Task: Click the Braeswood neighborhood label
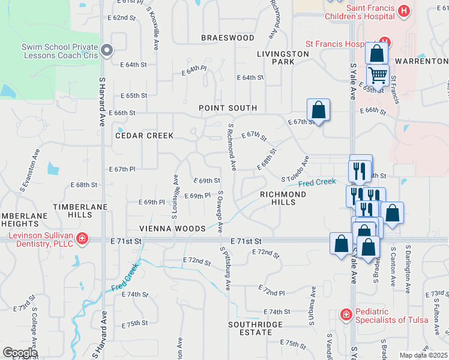pyautogui.click(x=228, y=38)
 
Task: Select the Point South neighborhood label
pyautogui.click(x=228, y=108)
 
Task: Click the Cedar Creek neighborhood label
pyautogui.click(x=144, y=136)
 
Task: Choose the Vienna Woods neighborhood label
pyautogui.click(x=164, y=229)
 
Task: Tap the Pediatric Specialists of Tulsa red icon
pyautogui.click(x=346, y=314)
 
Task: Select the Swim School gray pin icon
pyautogui.click(x=107, y=51)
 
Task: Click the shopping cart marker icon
pyautogui.click(x=378, y=75)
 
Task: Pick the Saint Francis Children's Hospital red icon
pyautogui.click(x=404, y=11)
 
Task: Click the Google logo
pyautogui.click(x=20, y=353)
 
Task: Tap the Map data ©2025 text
pyautogui.click(x=423, y=355)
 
